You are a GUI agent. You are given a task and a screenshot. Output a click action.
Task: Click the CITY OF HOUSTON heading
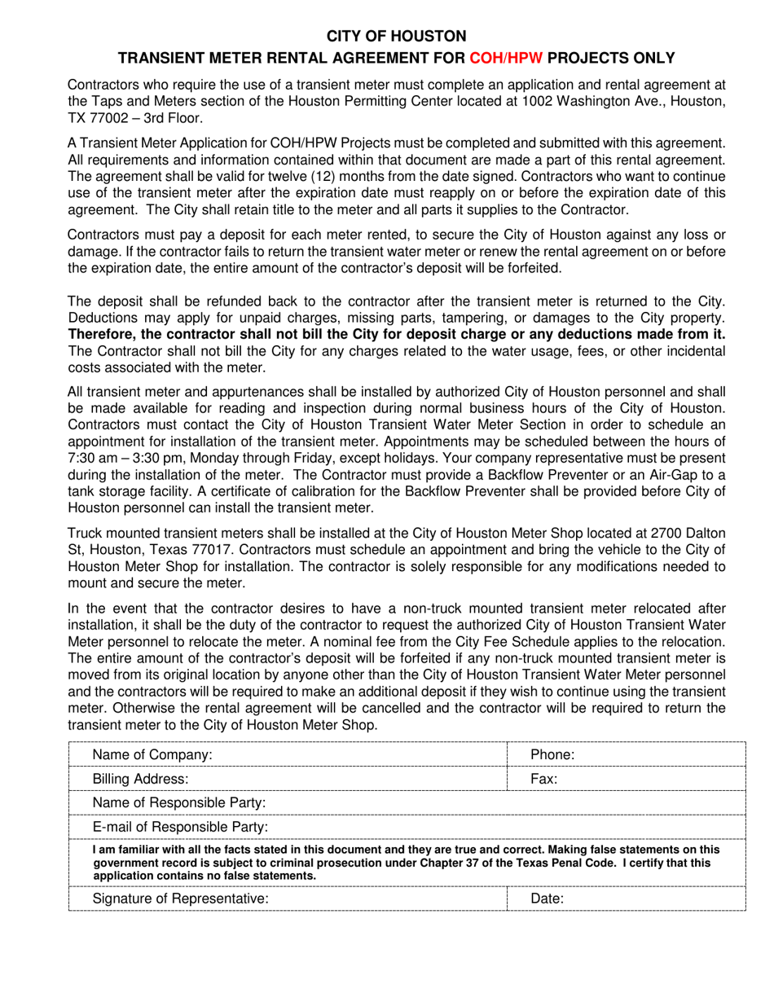pos(397,36)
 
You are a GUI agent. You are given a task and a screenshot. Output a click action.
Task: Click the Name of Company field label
pos(152,755)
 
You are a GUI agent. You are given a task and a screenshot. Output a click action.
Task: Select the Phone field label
pos(553,755)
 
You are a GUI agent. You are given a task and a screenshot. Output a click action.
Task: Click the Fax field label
pos(544,779)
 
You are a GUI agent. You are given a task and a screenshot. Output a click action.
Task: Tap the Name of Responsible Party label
pos(179,803)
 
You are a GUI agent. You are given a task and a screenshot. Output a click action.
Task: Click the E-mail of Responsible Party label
pos(181,828)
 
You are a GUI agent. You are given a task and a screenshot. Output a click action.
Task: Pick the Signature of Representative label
pos(180,899)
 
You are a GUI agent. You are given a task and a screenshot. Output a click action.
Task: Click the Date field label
pos(548,899)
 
